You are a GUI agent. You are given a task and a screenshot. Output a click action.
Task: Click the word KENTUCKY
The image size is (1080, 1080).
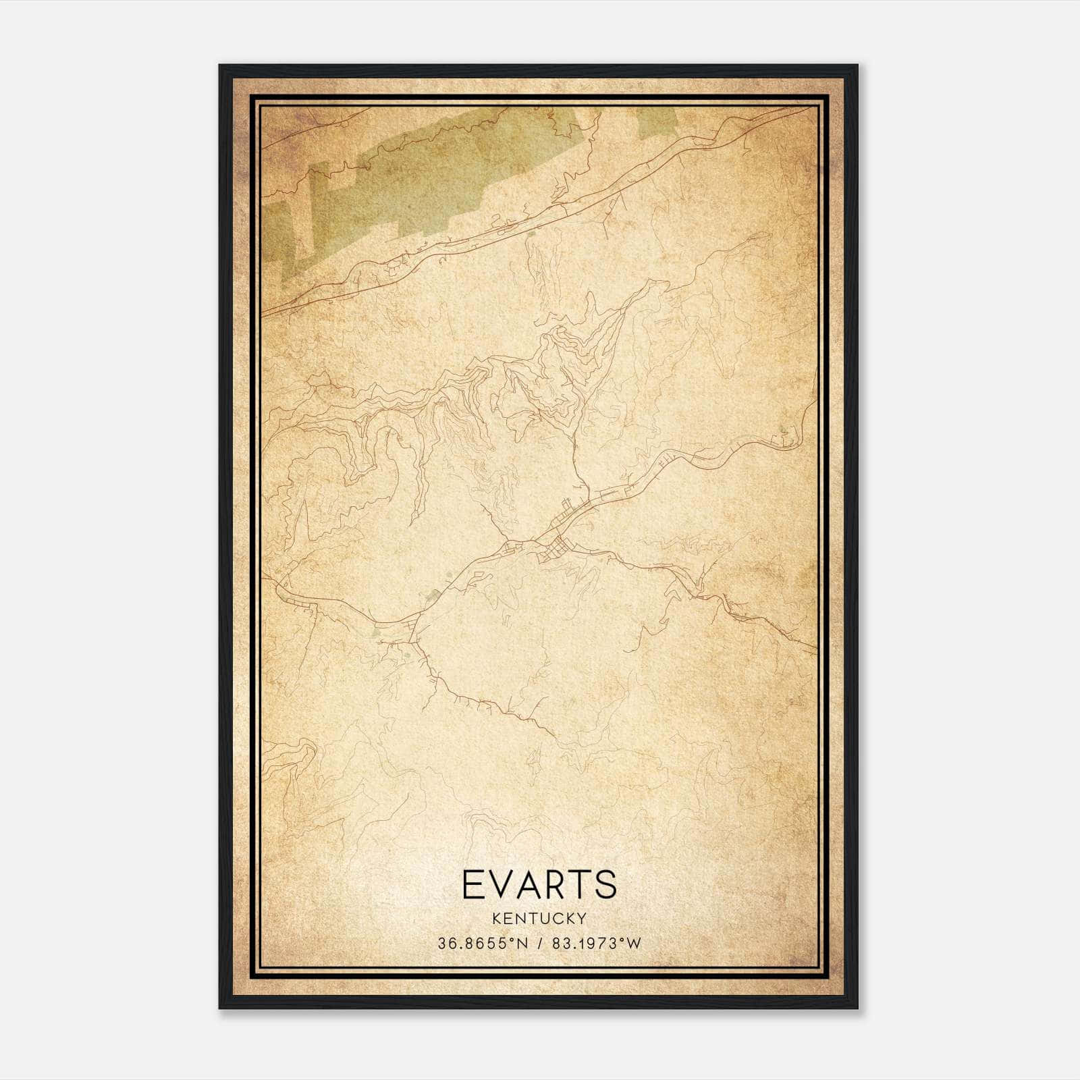coord(539,918)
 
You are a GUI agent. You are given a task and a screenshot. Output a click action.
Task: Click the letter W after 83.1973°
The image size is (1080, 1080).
coord(634,944)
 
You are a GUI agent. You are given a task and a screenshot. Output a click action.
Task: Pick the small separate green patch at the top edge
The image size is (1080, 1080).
coord(657,119)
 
